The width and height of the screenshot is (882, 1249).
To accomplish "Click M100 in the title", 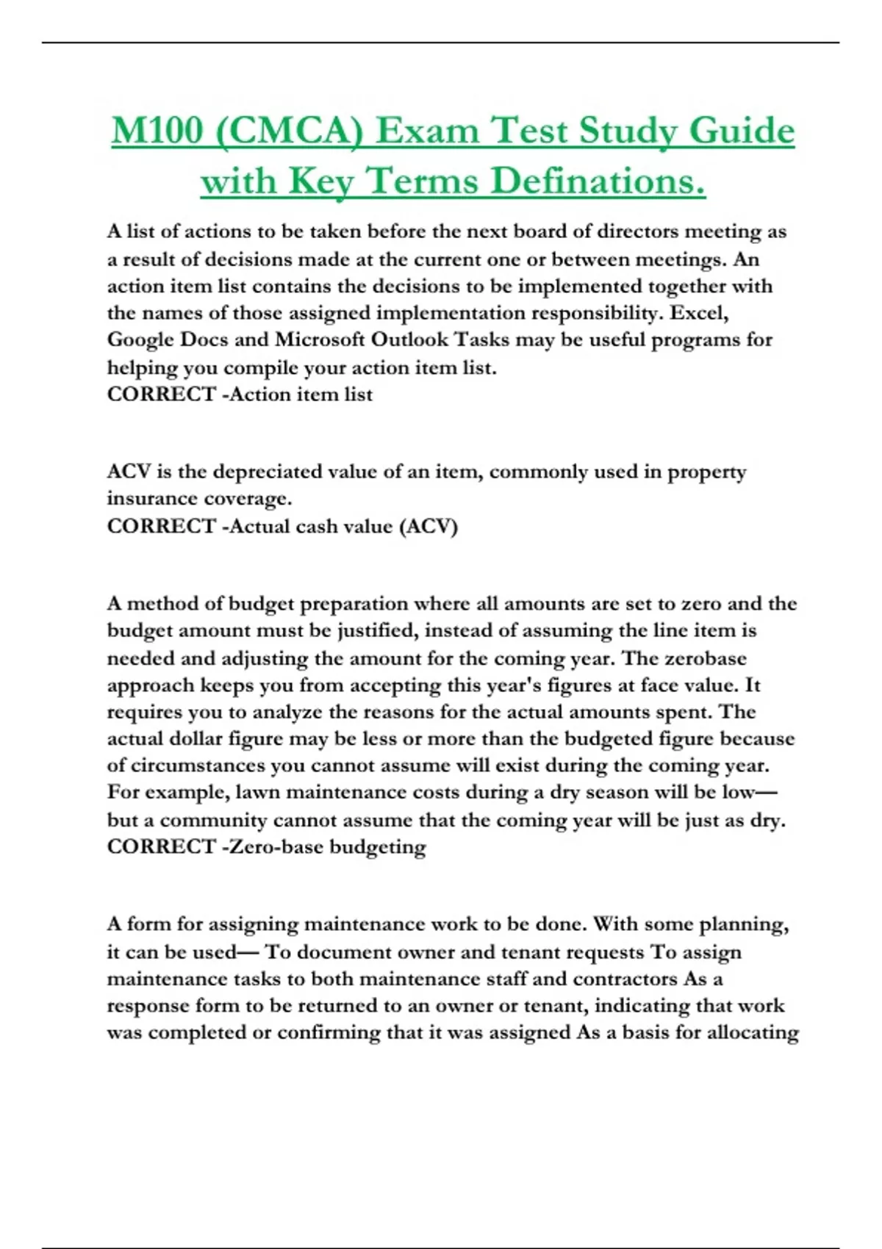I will tap(157, 132).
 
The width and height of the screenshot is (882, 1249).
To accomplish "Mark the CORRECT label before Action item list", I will tap(161, 395).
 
